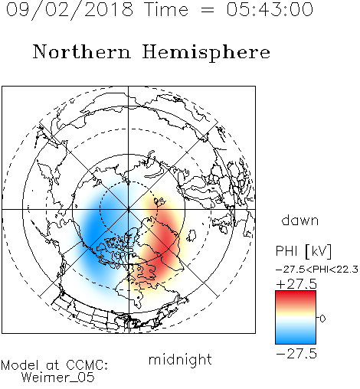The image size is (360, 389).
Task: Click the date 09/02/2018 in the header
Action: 70,10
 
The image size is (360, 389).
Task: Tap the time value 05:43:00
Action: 270,9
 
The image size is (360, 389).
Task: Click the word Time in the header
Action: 166,9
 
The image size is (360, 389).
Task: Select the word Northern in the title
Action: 82,51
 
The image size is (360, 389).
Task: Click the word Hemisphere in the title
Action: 206,53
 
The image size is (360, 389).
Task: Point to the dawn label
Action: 300,220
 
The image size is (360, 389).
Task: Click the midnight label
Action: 180,359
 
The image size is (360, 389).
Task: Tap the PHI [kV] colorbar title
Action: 303,251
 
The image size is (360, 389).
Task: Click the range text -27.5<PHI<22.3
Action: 317,270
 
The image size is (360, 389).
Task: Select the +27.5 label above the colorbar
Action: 296,284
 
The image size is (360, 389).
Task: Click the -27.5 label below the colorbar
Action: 296,354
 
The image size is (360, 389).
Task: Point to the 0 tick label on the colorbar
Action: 322,319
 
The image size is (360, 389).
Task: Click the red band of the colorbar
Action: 296,296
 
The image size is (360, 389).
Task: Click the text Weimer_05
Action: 58,378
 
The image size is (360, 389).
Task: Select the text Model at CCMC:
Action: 54,365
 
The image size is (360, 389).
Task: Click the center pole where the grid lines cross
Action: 129,209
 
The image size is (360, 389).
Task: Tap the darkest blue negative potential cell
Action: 94,227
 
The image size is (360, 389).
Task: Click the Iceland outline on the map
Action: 191,235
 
